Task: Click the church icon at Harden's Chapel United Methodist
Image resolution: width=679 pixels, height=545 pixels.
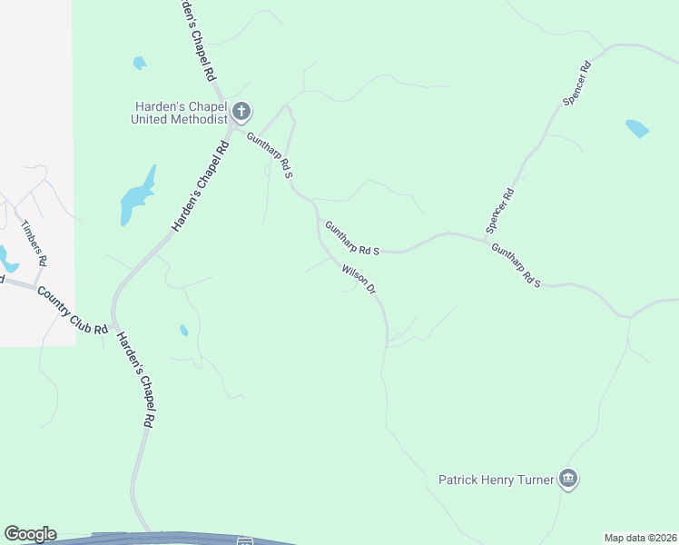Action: click(x=241, y=113)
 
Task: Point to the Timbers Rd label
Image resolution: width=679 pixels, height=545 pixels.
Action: click(x=34, y=243)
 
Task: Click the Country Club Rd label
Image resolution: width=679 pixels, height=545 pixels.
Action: click(x=73, y=309)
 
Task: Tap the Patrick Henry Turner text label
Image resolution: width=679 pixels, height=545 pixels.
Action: click(x=496, y=479)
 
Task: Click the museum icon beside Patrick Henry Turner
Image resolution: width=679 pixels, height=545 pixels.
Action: click(x=568, y=479)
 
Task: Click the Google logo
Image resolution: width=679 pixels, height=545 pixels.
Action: click(x=30, y=534)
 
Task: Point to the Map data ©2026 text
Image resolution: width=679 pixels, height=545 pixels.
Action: click(x=639, y=537)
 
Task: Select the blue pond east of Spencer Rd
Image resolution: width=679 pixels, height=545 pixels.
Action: click(x=637, y=128)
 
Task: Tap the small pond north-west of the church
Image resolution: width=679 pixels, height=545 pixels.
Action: click(x=139, y=63)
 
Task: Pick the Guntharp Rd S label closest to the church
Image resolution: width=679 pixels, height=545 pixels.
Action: click(x=269, y=154)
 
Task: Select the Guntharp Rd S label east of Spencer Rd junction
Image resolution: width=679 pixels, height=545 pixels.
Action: click(x=516, y=265)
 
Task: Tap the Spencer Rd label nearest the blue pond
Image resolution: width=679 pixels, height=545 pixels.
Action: click(x=577, y=84)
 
